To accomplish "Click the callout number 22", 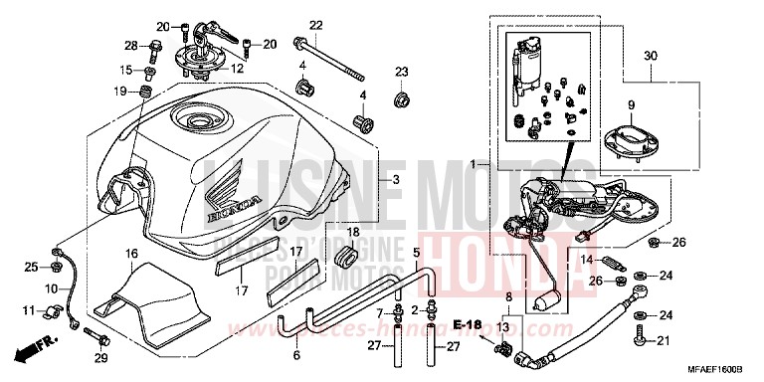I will point(316,25).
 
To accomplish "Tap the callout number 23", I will point(401,71).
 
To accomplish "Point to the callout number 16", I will point(130,255).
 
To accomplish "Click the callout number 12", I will point(237,69).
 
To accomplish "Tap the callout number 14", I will point(587,260).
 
